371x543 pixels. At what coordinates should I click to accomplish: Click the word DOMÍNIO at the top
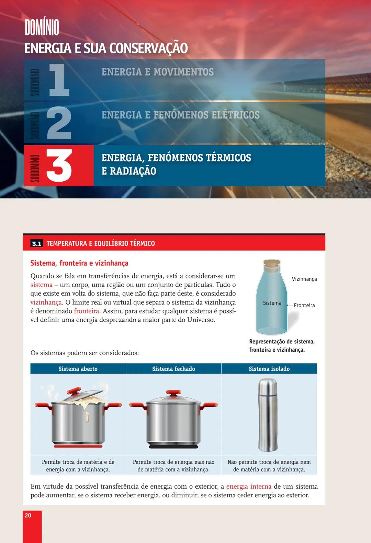[42, 28]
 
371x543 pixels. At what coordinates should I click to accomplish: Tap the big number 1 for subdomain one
[59, 80]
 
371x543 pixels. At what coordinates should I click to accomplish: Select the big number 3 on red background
[59, 166]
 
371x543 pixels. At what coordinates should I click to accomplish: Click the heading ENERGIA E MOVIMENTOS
[157, 72]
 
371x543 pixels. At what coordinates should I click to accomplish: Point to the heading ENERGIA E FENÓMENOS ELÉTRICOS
[180, 115]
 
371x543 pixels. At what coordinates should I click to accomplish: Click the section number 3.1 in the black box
[36, 244]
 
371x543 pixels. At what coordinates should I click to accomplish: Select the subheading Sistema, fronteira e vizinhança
[79, 263]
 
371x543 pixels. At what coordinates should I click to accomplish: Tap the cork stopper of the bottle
[272, 263]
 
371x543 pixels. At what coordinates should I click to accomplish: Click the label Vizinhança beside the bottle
[304, 279]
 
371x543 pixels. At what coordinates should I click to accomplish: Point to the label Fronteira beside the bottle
[304, 305]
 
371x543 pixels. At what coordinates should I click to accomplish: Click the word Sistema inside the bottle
[272, 303]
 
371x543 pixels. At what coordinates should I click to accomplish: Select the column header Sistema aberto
[78, 369]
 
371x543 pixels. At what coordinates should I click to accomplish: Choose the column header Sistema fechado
[173, 369]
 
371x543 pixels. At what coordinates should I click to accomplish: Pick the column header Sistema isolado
[269, 369]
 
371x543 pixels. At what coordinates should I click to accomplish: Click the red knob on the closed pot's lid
[173, 392]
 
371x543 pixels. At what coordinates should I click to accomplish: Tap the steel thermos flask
[268, 415]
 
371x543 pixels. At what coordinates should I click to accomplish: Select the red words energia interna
[248, 487]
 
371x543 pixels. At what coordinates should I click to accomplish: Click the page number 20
[28, 515]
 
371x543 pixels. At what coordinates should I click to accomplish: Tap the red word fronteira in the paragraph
[87, 311]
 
